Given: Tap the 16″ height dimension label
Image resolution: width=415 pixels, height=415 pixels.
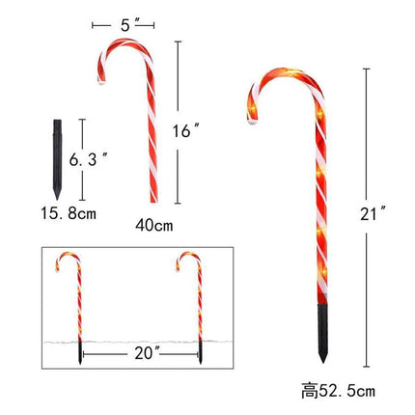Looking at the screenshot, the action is (x=185, y=131).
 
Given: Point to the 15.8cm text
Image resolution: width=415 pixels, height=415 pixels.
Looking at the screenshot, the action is (x=69, y=213).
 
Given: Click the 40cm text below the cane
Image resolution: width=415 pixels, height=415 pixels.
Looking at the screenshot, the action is (x=154, y=225).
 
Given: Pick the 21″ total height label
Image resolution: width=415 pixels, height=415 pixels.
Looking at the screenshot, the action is (x=373, y=214).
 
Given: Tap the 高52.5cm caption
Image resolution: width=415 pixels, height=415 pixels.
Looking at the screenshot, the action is (x=338, y=391).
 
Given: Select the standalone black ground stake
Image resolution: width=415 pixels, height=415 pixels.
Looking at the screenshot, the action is (x=57, y=159).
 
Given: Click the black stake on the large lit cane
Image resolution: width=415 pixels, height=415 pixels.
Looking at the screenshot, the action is (x=322, y=333).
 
